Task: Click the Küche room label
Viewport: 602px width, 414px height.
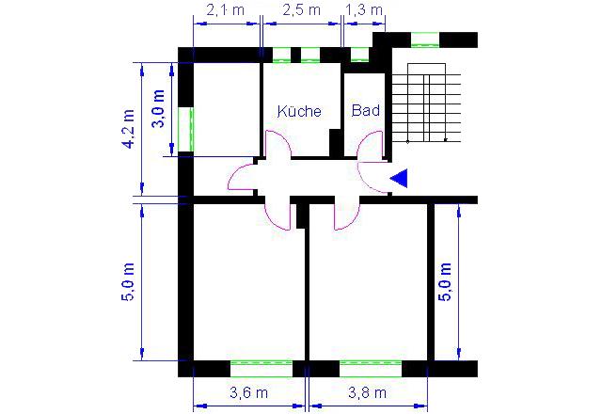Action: point(299,111)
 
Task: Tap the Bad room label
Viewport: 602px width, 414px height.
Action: point(366,110)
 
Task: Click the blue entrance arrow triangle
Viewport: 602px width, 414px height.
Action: point(399,178)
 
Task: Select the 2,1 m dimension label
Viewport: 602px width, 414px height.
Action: point(226,10)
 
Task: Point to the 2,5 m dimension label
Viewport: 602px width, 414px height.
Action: point(301,10)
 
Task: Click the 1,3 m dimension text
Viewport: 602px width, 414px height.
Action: point(364,10)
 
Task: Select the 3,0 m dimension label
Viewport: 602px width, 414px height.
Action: point(159,109)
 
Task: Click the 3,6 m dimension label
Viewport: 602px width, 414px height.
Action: point(248,392)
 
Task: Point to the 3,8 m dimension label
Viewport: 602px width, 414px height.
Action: point(368,392)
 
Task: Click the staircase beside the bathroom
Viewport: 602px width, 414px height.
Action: point(426,103)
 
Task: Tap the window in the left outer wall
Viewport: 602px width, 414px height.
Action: point(186,130)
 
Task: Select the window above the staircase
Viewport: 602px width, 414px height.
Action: point(425,40)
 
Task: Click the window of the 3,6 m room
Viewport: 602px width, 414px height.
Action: point(261,369)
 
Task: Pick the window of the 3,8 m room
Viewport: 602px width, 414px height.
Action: point(371,369)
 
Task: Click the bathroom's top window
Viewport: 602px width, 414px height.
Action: point(359,55)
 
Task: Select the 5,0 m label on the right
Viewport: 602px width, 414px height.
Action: point(445,281)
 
